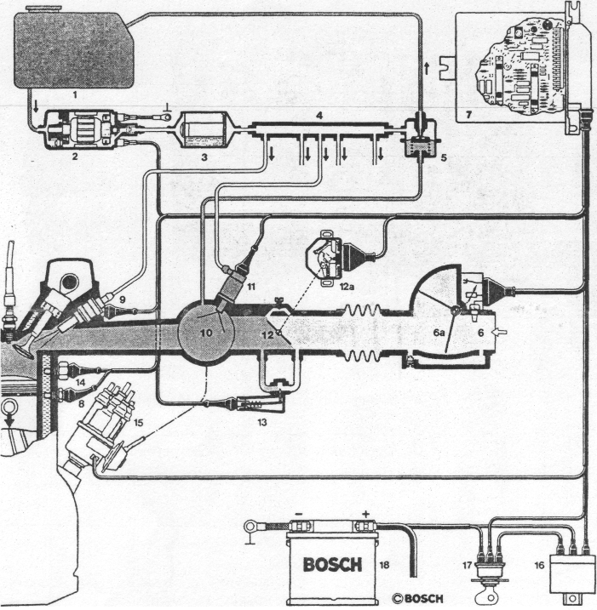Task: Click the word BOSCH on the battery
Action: tap(332, 563)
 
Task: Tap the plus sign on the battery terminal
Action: tap(365, 515)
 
